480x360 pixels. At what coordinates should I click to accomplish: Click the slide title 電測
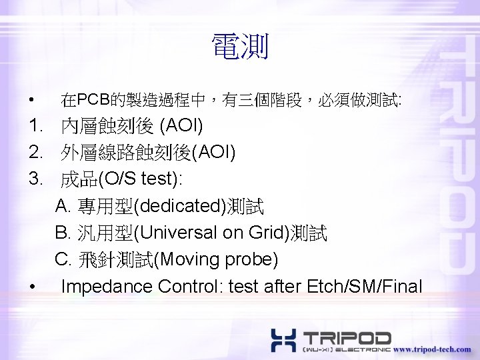click(x=240, y=47)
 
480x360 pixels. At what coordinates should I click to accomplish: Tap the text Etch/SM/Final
click(x=365, y=287)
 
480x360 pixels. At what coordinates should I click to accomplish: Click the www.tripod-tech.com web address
click(x=432, y=349)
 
